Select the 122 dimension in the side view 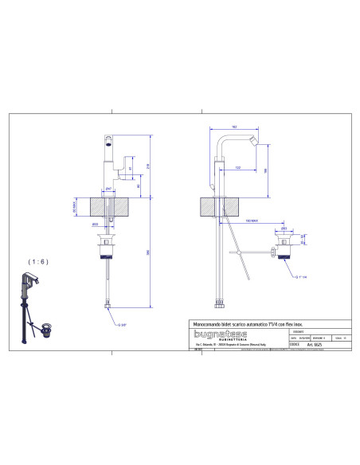[238, 167]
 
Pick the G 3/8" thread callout [122, 325]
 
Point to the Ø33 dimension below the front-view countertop [94, 224]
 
